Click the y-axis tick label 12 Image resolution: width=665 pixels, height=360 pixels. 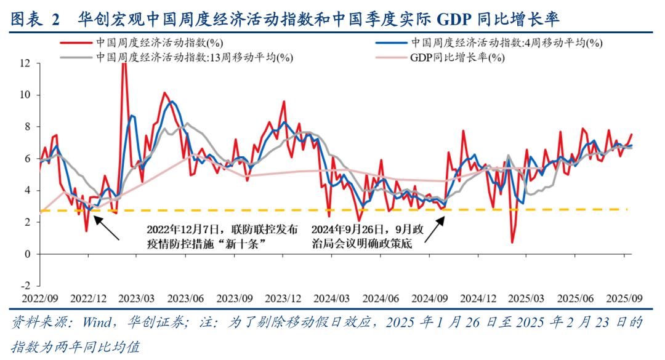click(x=25, y=63)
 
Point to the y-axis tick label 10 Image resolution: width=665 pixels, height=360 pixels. click(x=25, y=95)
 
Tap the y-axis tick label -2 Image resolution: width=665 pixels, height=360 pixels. click(x=25, y=286)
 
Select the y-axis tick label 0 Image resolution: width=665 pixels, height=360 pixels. click(x=28, y=254)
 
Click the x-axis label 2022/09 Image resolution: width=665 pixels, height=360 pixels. click(x=40, y=298)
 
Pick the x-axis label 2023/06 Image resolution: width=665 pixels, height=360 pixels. click(x=186, y=298)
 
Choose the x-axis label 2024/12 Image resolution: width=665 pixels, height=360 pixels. click(x=478, y=298)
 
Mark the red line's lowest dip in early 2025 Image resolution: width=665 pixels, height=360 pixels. click(x=512, y=242)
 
